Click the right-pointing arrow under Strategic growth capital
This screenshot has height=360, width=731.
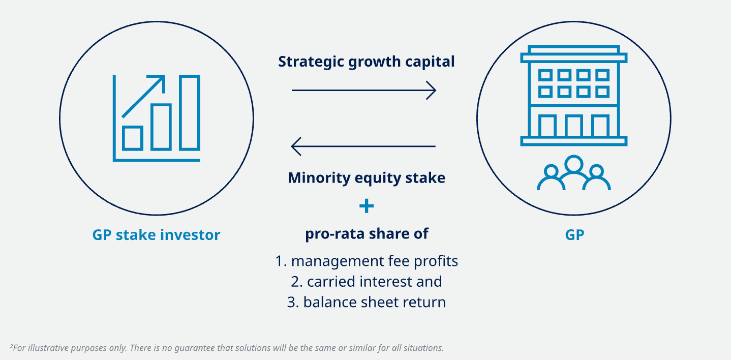tap(364, 91)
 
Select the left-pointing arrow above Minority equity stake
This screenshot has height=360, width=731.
tap(363, 146)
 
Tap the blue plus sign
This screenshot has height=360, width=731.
tap(367, 206)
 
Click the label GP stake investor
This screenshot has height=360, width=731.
tap(157, 235)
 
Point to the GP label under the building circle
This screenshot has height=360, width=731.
tap(574, 235)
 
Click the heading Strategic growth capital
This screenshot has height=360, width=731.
tap(366, 62)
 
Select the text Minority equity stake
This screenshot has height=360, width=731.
tap(367, 178)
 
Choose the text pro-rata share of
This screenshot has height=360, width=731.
tap(367, 234)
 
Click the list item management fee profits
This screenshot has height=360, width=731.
tap(367, 261)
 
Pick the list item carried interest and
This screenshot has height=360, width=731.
tap(367, 282)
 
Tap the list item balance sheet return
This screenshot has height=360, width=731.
tap(367, 302)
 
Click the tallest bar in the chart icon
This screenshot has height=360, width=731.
tap(190, 113)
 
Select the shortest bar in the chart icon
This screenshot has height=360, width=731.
tap(133, 138)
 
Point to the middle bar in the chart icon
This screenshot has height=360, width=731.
tap(161, 127)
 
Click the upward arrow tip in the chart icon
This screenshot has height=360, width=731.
tap(164, 76)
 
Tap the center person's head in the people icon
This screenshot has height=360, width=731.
tap(574, 164)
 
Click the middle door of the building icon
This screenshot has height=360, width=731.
tap(574, 125)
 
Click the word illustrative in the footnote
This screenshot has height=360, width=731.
tap(49, 348)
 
